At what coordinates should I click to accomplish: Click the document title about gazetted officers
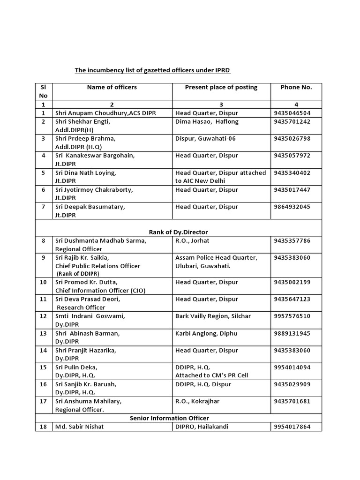[153, 71]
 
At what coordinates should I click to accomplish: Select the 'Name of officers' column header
[112, 87]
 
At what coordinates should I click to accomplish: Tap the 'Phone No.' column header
[296, 87]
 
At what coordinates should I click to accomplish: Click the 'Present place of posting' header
[221, 87]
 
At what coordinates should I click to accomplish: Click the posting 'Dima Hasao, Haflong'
[207, 121]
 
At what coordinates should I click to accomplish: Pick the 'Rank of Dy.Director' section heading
[178, 232]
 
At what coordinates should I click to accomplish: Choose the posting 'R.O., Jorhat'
[192, 240]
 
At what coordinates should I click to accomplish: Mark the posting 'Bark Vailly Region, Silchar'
[213, 316]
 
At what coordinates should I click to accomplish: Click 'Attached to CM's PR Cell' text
[211, 375]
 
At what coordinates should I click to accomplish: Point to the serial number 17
[43, 401]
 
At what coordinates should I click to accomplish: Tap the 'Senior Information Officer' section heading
[169, 418]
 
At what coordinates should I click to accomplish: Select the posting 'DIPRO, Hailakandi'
[202, 427]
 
